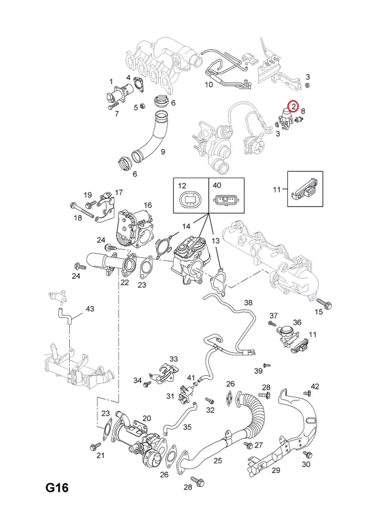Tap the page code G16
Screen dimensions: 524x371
tap(57, 488)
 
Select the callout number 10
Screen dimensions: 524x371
tap(209, 84)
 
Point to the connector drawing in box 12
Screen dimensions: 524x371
tap(191, 200)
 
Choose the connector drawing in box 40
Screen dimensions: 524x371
tap(227, 201)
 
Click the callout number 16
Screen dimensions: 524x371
tap(148, 205)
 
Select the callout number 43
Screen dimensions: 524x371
tap(90, 309)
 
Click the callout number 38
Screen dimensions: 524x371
tap(248, 303)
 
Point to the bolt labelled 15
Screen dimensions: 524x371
tap(323, 302)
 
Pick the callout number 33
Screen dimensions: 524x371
tap(173, 359)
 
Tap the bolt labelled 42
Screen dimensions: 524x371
tap(308, 392)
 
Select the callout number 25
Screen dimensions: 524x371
tap(217, 460)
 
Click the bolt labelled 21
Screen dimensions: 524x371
tap(94, 445)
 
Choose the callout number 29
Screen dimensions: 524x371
tap(276, 470)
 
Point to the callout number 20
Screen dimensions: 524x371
tap(147, 418)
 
